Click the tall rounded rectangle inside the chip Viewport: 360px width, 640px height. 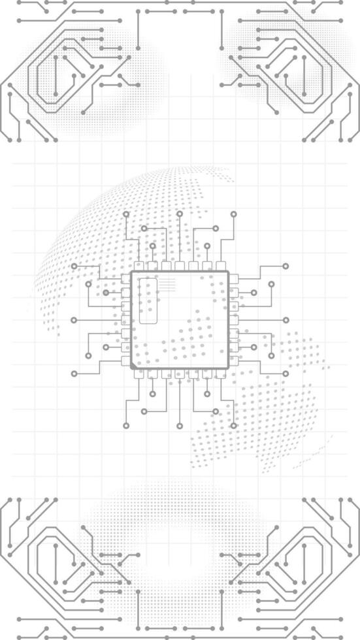tap(148, 301)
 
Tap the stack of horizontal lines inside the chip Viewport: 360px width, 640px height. tap(168, 285)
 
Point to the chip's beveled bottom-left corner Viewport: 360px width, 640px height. tap(134, 366)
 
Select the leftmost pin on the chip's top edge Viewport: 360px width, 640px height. tap(139, 266)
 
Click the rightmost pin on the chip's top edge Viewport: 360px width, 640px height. tap(221, 266)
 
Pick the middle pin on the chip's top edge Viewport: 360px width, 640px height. tap(180, 266)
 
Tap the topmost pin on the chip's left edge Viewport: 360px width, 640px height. tap(126, 279)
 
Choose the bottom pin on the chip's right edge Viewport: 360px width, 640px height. tap(234, 360)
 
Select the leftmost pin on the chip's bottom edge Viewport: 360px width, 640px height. tap(139, 374)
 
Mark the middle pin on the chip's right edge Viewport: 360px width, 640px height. tap(234, 320)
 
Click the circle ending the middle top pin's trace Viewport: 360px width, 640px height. tap(180, 214)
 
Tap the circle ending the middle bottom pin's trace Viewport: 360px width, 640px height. tap(180, 426)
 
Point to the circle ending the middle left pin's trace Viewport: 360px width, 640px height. tap(74, 320)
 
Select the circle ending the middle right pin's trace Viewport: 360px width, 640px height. tap(286, 320)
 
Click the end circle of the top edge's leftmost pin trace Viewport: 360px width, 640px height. tap(126, 214)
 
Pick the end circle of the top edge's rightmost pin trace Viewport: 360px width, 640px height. tap(233, 214)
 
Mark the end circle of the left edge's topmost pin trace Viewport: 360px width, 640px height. tap(74, 266)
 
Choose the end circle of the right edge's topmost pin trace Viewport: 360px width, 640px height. tap(286, 266)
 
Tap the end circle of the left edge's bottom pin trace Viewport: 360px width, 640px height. tap(74, 374)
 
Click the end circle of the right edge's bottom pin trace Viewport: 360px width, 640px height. tap(286, 374)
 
